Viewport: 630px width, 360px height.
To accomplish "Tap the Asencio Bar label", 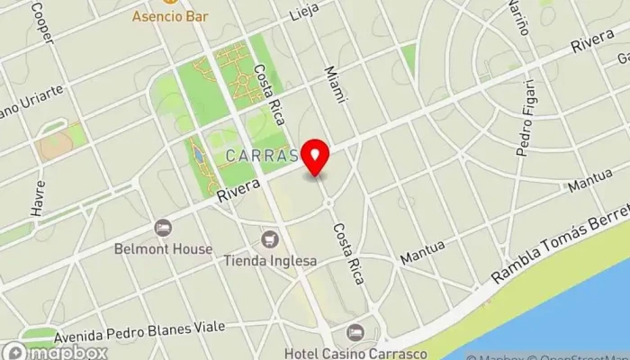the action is [x=168, y=15].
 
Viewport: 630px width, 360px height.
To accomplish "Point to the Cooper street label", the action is [x=41, y=24].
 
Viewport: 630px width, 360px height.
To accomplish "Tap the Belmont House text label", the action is [x=163, y=248].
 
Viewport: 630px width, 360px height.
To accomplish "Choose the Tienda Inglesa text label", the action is [x=270, y=261].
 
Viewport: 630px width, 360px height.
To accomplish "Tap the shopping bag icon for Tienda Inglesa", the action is [x=269, y=240].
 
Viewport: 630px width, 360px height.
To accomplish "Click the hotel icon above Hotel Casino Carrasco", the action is [x=355, y=332].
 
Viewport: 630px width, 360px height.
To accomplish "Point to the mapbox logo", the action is [x=54, y=352].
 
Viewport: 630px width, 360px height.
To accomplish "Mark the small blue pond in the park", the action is [x=198, y=159].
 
